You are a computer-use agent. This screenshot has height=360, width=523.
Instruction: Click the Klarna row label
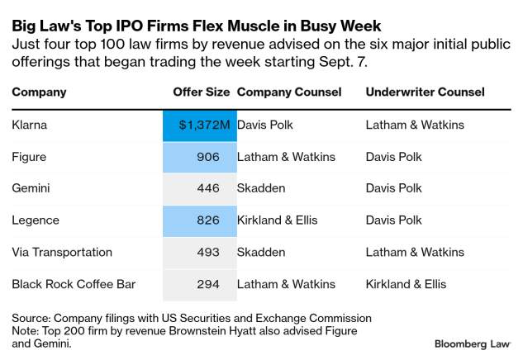point(31,125)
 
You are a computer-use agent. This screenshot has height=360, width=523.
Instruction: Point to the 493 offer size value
point(207,252)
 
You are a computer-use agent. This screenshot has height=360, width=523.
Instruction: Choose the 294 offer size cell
point(207,284)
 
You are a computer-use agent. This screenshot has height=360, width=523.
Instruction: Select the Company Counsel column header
point(289,92)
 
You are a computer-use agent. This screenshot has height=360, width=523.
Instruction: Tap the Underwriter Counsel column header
point(425,92)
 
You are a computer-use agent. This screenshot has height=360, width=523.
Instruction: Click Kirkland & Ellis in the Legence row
point(283,220)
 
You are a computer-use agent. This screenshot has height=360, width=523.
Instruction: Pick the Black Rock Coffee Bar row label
point(74,284)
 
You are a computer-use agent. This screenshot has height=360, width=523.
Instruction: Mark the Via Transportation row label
point(62,252)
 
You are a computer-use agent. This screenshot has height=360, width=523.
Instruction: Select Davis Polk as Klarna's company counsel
point(266,125)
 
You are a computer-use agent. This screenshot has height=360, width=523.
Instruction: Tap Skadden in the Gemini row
point(261,188)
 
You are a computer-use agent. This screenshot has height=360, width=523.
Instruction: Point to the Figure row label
point(29,156)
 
